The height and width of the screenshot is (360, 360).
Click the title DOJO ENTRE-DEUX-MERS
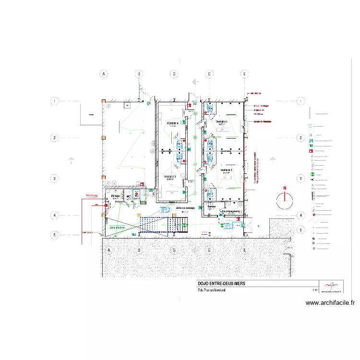[221, 284]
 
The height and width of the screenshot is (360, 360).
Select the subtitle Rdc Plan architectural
[212, 290]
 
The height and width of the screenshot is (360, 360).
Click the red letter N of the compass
[285, 188]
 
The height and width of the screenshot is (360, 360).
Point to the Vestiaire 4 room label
[172, 123]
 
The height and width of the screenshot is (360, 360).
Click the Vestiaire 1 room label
[221, 122]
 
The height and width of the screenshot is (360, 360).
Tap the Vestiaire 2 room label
[226, 170]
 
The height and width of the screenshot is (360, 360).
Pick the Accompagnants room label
[231, 211]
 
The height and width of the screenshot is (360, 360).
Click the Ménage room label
[116, 196]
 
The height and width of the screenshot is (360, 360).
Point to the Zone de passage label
[185, 208]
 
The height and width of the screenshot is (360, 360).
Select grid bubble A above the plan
[103, 74]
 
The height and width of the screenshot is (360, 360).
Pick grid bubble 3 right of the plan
[300, 179]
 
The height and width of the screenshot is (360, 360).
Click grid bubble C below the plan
[174, 250]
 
